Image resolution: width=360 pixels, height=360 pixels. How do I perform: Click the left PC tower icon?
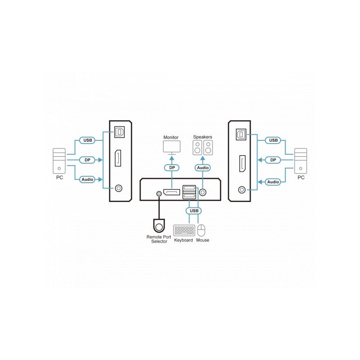tap(59, 161)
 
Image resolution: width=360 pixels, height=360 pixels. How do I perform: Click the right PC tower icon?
tap(301, 161)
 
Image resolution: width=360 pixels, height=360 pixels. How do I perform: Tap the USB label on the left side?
tap(87, 140)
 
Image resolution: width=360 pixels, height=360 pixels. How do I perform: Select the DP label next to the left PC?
tap(87, 160)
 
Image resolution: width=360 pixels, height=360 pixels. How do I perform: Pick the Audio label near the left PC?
tap(87, 179)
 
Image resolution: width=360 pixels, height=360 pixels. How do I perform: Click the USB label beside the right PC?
tap(273, 140)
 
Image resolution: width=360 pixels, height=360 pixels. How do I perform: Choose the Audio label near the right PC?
tap(273, 182)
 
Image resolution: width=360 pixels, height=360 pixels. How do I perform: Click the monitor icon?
tap(172, 148)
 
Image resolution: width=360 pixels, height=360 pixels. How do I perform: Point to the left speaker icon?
tap(198, 148)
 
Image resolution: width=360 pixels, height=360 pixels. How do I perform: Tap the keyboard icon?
tap(184, 230)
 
